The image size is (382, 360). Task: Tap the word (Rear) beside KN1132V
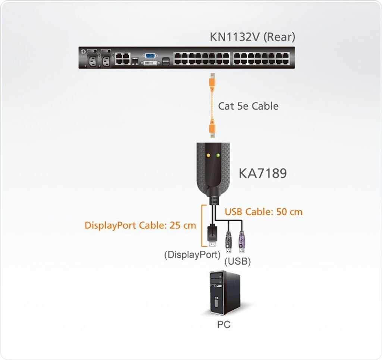point(279,37)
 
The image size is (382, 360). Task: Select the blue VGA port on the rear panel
point(150,56)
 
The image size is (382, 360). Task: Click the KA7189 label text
point(263,173)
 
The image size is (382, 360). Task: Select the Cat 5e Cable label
point(248,106)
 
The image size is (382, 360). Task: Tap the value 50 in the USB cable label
point(281,212)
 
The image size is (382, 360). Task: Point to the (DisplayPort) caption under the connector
point(192,255)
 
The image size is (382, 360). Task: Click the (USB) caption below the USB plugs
point(237,261)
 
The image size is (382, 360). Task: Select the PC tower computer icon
point(224,293)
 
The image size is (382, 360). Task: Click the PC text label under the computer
point(224,325)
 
